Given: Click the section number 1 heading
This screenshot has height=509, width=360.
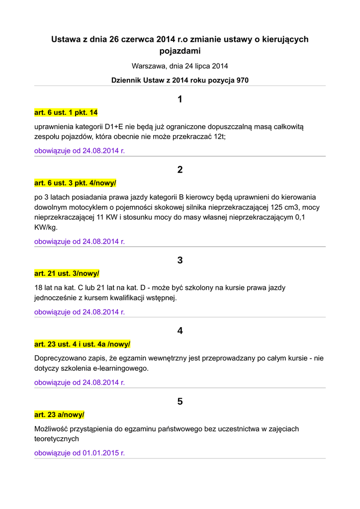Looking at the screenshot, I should [x=180, y=99].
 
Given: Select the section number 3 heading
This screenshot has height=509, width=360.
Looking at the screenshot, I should [x=180, y=260].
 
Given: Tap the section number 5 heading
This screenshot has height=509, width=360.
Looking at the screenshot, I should [x=180, y=401].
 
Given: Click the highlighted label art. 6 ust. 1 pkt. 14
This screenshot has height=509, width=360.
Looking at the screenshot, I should [x=66, y=113].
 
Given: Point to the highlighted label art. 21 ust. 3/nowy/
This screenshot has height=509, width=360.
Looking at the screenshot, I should [x=67, y=273].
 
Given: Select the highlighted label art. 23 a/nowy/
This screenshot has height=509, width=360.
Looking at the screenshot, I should [x=59, y=415].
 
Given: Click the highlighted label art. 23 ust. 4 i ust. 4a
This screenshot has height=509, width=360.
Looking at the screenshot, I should [x=82, y=344].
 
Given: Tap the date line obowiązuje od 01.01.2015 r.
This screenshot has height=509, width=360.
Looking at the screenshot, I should [x=80, y=453].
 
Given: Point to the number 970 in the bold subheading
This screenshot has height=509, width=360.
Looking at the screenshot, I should [x=242, y=80].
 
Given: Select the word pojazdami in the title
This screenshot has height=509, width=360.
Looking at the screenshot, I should [x=180, y=51].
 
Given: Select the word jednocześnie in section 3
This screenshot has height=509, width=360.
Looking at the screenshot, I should [x=56, y=298].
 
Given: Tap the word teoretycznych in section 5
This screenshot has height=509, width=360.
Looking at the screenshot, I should [x=56, y=439].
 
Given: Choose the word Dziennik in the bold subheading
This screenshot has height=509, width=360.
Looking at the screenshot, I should [x=126, y=80].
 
